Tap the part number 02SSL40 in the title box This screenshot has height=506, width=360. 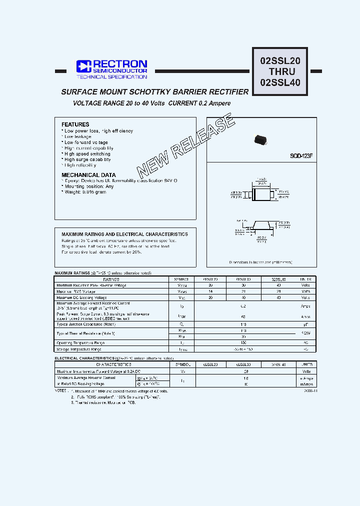pyautogui.click(x=280, y=82)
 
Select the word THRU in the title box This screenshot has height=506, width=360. pyautogui.click(x=281, y=71)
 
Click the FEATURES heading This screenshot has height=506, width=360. pyautogui.click(x=75, y=124)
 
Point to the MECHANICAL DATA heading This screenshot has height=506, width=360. pyautogui.click(x=88, y=175)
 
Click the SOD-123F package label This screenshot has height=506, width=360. pyautogui.click(x=301, y=156)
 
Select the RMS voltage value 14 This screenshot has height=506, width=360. pyautogui.click(x=210, y=291)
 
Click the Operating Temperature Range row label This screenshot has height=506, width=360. pyautogui.click(x=80, y=343)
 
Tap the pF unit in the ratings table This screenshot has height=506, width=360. pyautogui.click(x=305, y=324)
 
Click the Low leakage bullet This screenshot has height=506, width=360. pyautogui.click(x=77, y=136)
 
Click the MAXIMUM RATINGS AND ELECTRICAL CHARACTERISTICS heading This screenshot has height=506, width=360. pyautogui.click(x=124, y=234)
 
